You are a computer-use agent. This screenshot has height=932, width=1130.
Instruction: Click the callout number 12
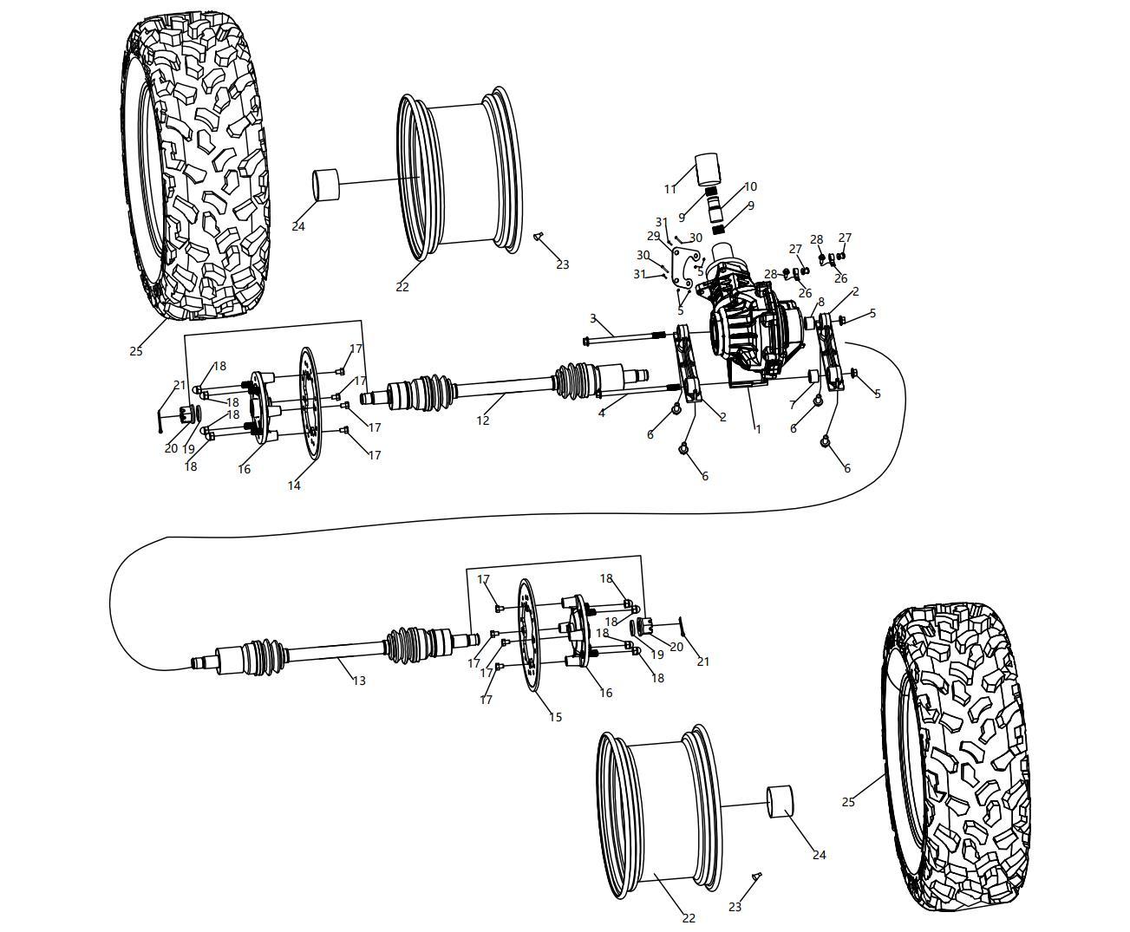coord(483,420)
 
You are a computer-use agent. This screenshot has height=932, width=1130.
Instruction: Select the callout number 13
coord(359,681)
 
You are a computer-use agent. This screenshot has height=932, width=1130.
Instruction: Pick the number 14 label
coord(294,486)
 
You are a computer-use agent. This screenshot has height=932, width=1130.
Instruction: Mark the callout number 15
coord(555,717)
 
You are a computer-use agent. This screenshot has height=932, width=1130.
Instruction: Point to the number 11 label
coord(670,189)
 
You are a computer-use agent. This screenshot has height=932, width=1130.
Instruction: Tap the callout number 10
coord(750,186)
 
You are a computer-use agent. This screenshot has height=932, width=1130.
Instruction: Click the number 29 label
coord(653,236)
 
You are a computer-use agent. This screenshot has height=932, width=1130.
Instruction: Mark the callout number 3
coord(593,318)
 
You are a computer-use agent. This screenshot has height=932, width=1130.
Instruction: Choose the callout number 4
coord(601,414)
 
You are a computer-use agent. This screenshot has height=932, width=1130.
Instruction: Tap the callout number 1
coord(757,428)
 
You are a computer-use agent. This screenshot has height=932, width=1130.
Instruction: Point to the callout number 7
coord(793,405)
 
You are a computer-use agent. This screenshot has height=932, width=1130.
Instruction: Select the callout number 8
coord(820,302)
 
